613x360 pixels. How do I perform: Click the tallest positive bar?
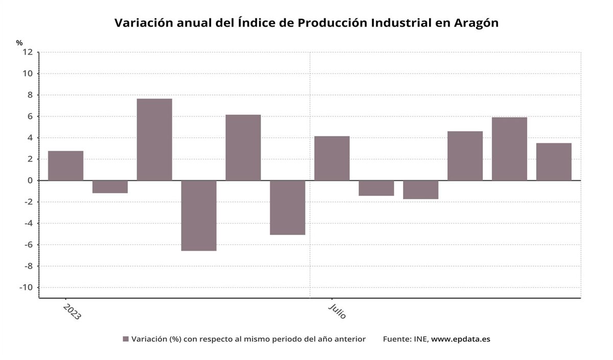[154, 139]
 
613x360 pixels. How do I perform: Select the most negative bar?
[199, 215]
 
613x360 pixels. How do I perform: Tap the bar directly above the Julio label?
[332, 158]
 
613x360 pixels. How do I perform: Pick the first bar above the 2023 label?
[65, 165]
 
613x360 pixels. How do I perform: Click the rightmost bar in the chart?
[554, 161]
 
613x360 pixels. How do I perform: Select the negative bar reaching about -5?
[288, 207]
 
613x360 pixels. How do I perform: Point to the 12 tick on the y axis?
[28, 52]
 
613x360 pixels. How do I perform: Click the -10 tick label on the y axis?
[26, 287]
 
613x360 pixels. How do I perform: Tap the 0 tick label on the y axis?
[30, 180]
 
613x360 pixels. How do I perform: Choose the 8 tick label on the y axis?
[30, 95]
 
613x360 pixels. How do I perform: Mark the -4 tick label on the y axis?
[28, 223]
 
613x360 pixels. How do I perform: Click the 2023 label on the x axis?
[72, 311]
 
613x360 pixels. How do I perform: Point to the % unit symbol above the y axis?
[19, 43]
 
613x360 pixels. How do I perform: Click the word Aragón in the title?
[476, 23]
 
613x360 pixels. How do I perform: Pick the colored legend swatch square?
[126, 339]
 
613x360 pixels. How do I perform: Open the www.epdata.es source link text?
[460, 339]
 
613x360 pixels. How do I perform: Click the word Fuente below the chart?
[396, 339]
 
